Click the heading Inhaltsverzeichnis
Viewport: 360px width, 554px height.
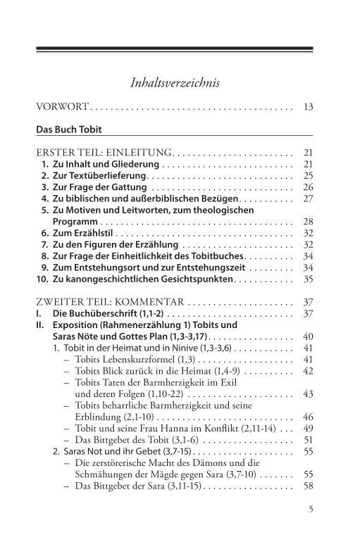click(175, 83)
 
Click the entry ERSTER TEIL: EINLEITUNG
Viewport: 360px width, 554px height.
click(104, 152)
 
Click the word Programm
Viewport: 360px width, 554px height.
click(74, 222)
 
